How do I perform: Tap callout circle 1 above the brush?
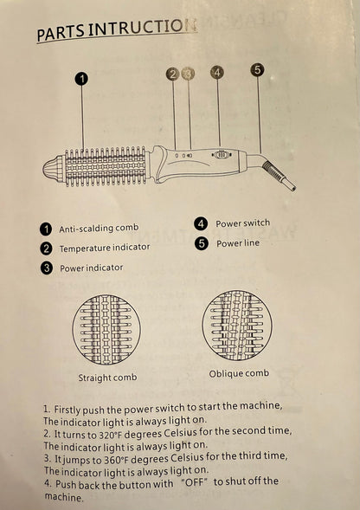(x=81, y=79)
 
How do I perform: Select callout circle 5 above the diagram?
(x=257, y=69)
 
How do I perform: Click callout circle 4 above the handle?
(x=217, y=72)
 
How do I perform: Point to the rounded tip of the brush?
(x=53, y=167)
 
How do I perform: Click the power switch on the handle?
(x=221, y=155)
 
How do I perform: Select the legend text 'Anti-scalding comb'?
(x=99, y=228)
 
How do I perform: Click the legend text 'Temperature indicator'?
(x=105, y=248)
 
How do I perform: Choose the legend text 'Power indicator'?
(x=92, y=268)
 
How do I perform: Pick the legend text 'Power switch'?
(x=243, y=223)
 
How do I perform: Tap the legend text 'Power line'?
(x=238, y=243)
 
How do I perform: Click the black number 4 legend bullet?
(x=201, y=224)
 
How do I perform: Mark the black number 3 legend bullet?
(x=47, y=268)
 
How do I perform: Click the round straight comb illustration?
(x=106, y=329)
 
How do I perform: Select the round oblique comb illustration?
(x=237, y=326)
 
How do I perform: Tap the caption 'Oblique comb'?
(x=239, y=373)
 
